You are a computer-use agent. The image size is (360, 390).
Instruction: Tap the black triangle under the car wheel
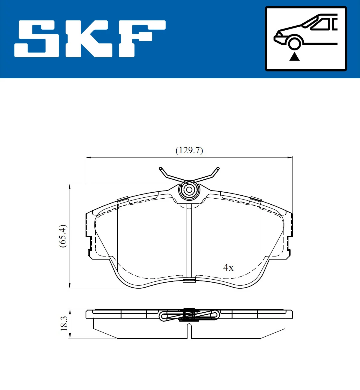pos(294,56)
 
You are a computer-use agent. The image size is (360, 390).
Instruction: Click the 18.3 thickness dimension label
pos(64,323)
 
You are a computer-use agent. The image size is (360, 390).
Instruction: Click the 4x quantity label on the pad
pos(228,267)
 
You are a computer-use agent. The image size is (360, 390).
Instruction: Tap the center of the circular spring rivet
pos(189,190)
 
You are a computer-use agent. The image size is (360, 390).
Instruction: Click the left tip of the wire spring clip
pos(161,169)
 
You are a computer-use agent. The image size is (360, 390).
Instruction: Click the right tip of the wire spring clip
pos(218,169)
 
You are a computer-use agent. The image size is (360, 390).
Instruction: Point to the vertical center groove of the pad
pos(189,240)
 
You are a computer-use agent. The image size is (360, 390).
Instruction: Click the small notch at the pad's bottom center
pos(189,280)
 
